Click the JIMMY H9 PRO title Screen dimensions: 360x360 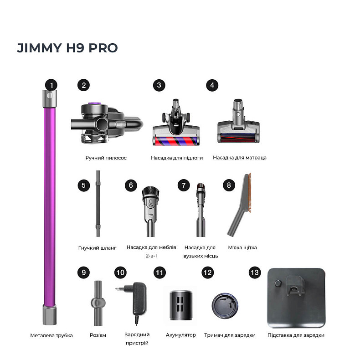67,48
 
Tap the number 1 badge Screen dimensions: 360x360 51,85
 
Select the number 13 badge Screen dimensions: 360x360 255,273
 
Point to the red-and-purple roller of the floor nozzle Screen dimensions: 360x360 176,140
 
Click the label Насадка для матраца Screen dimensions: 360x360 240,158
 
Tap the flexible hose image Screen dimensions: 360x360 98,203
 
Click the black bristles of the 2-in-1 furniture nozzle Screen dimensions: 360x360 151,192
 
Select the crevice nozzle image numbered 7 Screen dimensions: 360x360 201,210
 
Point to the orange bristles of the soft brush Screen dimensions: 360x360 249,192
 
